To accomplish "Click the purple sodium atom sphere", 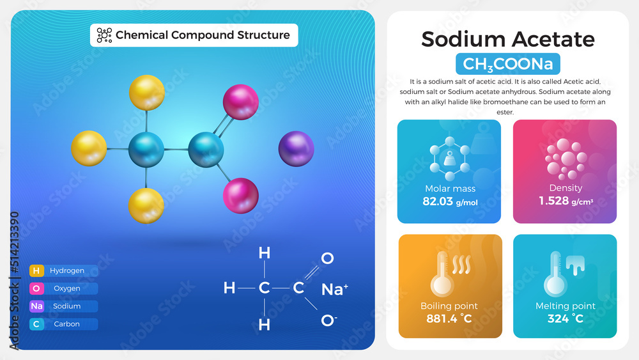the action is [296, 149].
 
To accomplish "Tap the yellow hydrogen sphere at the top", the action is [147, 93].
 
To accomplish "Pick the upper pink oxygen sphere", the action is [240, 102].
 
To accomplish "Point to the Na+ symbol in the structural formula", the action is [334, 289].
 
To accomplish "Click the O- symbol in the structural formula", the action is [328, 320].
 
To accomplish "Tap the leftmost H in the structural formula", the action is [229, 288].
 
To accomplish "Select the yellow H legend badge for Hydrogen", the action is [36, 270].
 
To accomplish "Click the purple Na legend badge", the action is [36, 306].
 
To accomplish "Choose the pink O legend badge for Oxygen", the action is [36, 288].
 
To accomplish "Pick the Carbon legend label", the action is [66, 324].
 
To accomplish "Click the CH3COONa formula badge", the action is [508, 64].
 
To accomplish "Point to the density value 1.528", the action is [555, 201].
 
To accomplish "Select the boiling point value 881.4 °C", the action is [449, 318].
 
